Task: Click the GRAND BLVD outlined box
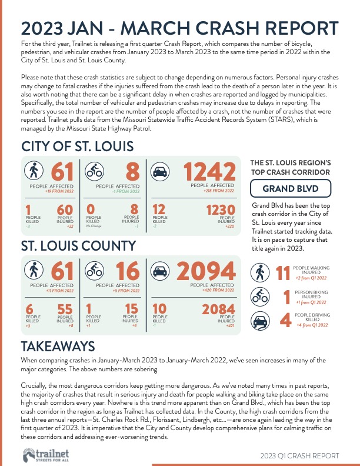point(291,189)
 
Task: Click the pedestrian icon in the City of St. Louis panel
point(33,171)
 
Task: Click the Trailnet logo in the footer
point(42,455)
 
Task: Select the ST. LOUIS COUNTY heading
point(78,245)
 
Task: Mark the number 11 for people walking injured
point(284,273)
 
